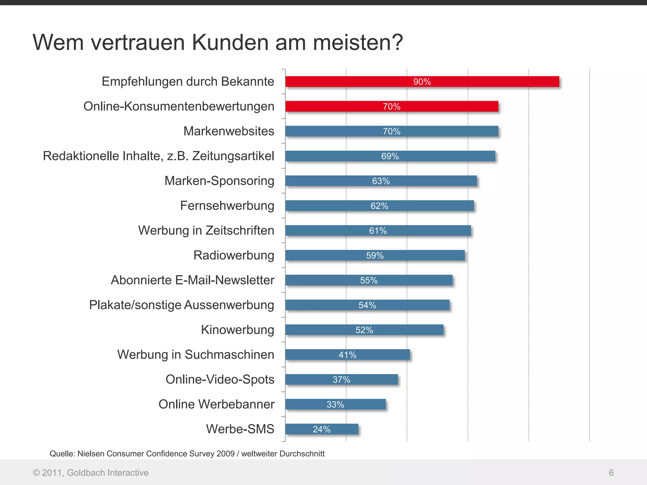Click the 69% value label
(x=390, y=156)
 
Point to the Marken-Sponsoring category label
(x=219, y=181)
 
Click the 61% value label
(x=378, y=231)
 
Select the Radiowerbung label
(x=234, y=255)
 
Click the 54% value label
(x=367, y=305)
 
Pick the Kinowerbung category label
(x=238, y=330)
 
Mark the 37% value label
(x=341, y=380)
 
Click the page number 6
(x=611, y=473)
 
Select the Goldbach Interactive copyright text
(x=91, y=473)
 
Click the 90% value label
(x=422, y=82)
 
